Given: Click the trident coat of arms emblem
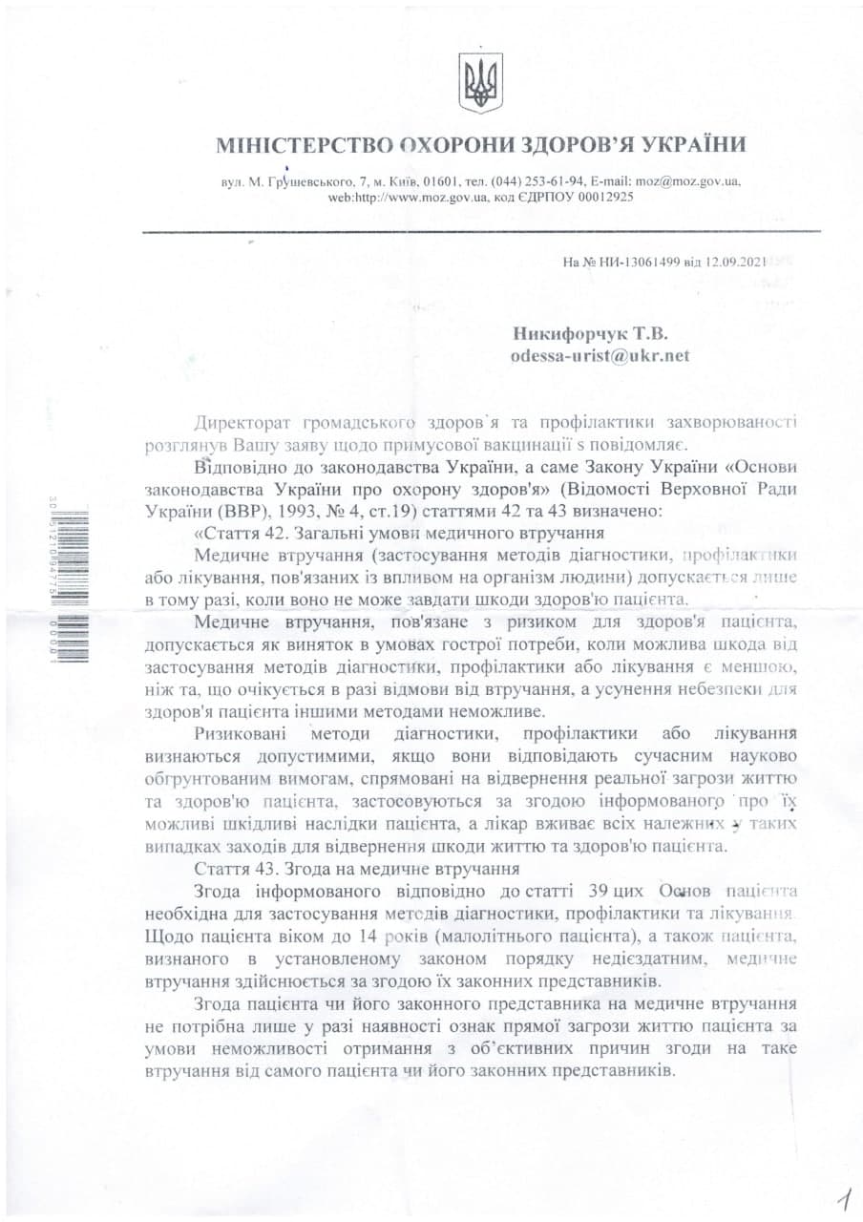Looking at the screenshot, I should (480, 84).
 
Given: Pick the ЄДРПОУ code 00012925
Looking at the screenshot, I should (601, 197).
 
